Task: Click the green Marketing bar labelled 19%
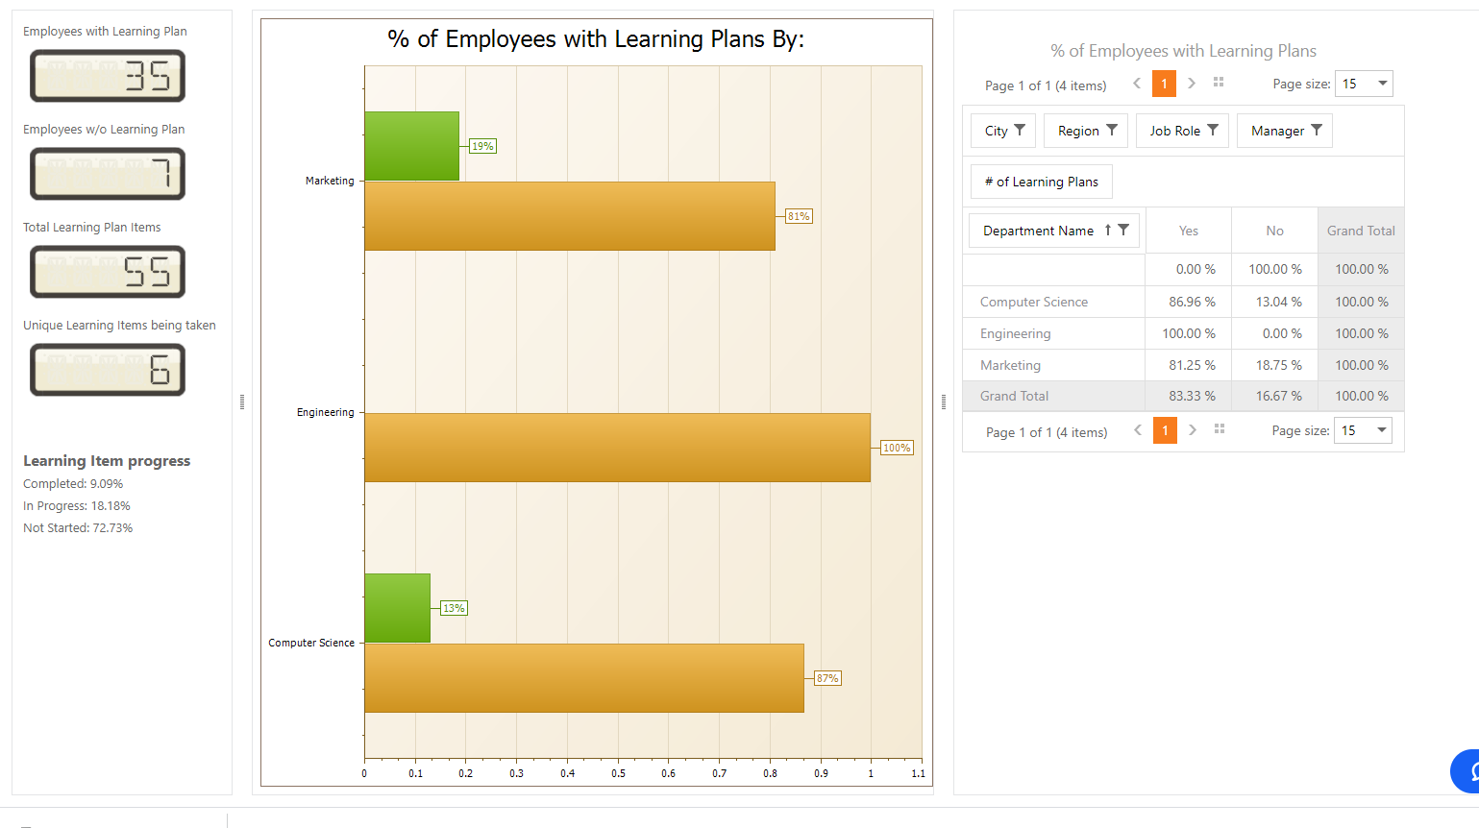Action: [x=411, y=146]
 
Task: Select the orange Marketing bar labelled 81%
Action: [x=569, y=216]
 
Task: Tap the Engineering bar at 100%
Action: [x=617, y=448]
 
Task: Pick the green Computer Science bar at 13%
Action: [x=397, y=608]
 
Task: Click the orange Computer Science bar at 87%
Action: [x=583, y=678]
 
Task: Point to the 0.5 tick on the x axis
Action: [x=618, y=773]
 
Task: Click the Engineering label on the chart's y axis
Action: [x=325, y=412]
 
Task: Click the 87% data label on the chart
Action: [x=826, y=678]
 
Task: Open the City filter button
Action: [x=1003, y=131]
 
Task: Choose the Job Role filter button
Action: [x=1182, y=131]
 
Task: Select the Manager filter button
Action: [x=1284, y=131]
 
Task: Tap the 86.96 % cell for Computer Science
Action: [x=1192, y=302]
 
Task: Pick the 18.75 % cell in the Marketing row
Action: [x=1278, y=365]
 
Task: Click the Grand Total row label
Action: [x=1014, y=396]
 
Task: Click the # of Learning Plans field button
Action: [x=1041, y=182]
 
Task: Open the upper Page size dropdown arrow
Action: [x=1382, y=84]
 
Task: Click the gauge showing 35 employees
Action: [x=108, y=76]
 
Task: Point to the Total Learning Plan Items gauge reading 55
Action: [x=108, y=272]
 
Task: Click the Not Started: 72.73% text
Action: [x=78, y=527]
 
